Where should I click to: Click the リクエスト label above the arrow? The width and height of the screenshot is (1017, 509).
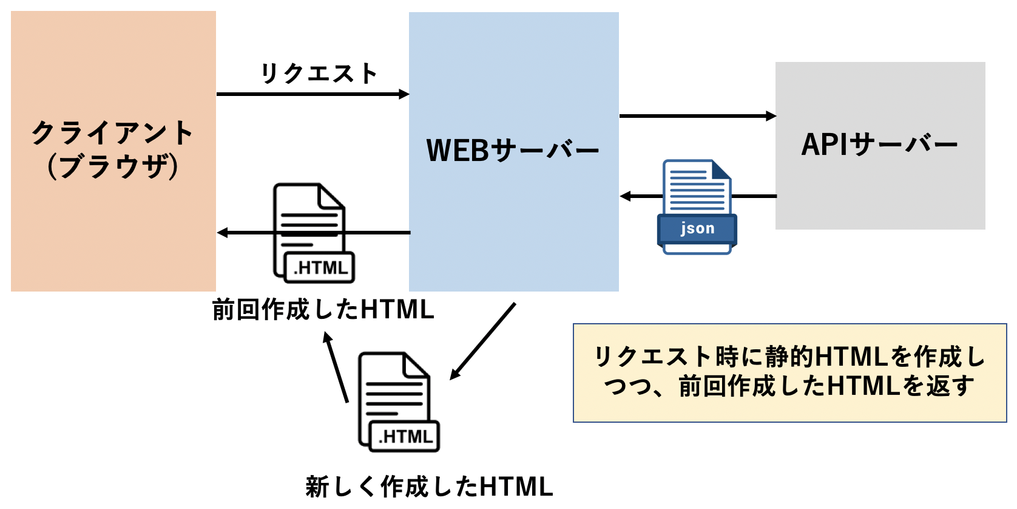coord(319,73)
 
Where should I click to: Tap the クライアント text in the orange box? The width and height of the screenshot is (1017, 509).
coord(113,132)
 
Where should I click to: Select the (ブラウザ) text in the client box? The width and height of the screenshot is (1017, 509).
coord(113,166)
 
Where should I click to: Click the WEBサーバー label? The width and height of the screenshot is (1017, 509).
coord(513,150)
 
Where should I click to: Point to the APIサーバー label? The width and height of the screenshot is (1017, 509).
coord(879,145)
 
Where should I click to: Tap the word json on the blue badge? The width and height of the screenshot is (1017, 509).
coord(697,228)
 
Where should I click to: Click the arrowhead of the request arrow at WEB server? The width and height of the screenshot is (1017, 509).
coord(404,94)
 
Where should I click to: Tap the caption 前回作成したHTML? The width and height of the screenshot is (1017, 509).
coord(323,310)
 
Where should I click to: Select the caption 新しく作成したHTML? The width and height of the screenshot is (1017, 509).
coord(429,487)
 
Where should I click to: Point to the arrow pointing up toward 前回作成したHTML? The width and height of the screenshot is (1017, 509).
coord(336,367)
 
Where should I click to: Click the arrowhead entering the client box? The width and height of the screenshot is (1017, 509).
coord(223,233)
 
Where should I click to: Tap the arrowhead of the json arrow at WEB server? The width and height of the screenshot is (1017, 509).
coord(626,196)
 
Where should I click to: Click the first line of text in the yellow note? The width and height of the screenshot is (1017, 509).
coord(789,357)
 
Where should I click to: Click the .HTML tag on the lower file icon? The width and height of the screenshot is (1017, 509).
coord(405,437)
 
